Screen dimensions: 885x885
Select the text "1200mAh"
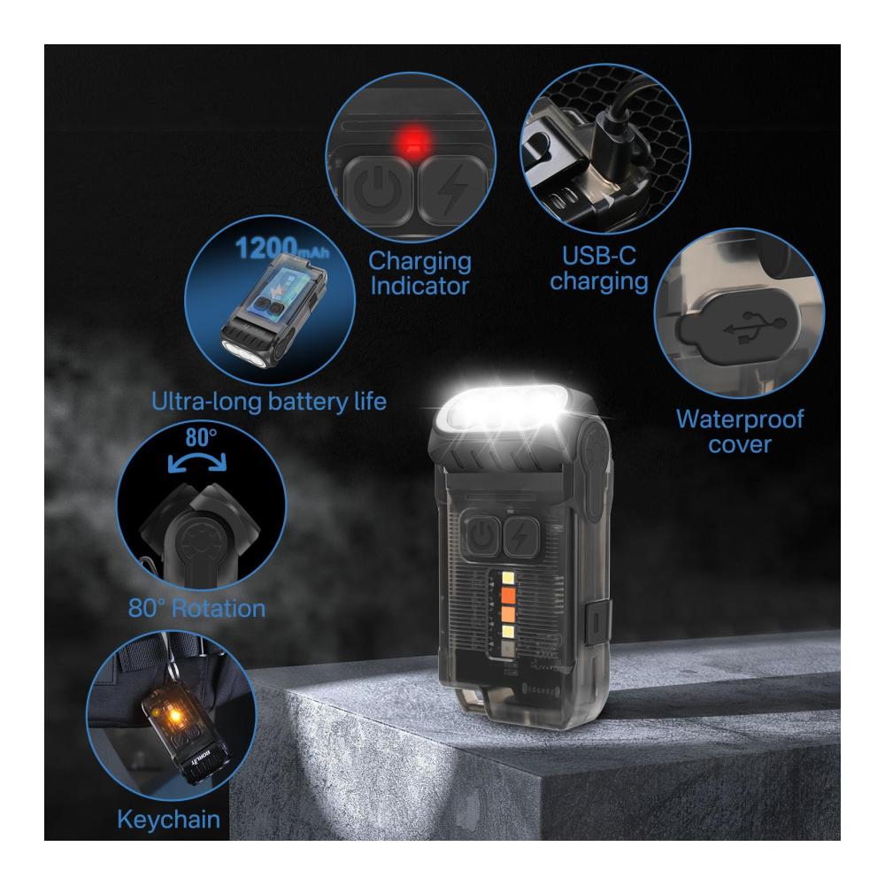281,248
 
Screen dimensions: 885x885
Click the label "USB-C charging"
599,269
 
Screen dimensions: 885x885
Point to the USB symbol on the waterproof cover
755,327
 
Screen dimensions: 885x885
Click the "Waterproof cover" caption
739,431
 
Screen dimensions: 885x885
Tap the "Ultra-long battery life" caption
269,402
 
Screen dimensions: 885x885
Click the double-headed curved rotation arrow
197,461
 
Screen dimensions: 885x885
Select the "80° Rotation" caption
197,609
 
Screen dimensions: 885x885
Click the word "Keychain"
169,820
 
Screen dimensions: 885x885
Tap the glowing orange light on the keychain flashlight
174,717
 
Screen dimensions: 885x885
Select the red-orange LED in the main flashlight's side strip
508,595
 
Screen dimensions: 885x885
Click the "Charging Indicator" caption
419,273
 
